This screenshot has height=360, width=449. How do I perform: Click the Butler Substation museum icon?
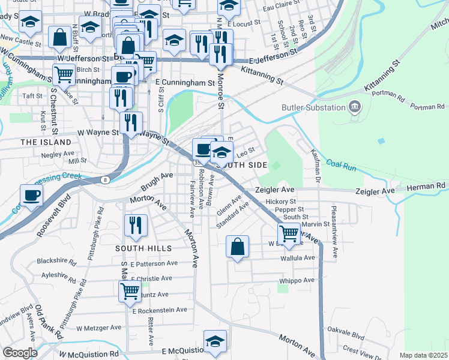tap(355, 108)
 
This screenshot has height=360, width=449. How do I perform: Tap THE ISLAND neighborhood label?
tap(46, 142)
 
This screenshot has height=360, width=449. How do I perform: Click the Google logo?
tap(20, 353)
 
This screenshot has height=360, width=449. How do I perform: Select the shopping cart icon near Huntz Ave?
tap(130, 292)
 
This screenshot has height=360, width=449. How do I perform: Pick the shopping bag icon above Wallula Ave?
tap(238, 245)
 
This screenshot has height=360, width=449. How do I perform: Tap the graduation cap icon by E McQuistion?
tap(215, 340)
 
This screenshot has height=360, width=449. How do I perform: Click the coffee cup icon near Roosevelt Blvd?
tap(32, 194)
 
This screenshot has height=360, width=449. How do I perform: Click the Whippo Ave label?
tap(297, 280)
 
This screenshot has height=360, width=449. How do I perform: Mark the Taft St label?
tap(32, 95)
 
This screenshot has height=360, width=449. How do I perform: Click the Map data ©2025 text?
tap(423, 355)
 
